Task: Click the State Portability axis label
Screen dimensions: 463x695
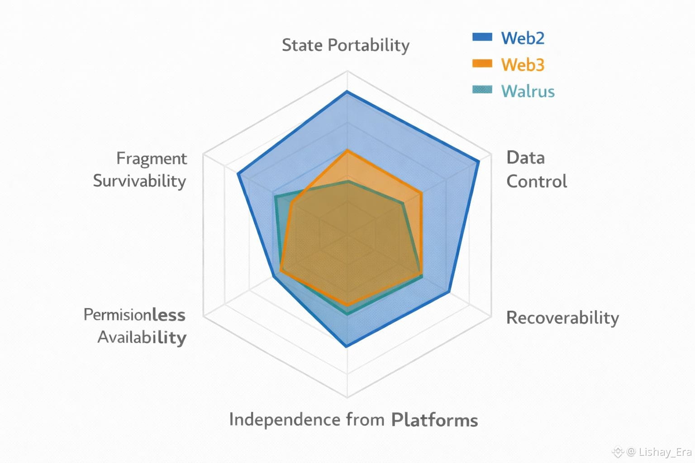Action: pos(346,45)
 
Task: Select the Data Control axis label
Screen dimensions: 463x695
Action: pos(536,170)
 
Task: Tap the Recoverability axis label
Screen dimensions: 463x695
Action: pos(562,317)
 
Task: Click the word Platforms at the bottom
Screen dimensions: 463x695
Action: pos(434,420)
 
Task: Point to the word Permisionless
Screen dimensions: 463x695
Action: pos(134,315)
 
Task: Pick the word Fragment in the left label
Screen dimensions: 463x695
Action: pos(152,159)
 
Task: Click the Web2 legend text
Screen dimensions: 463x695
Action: pos(523,38)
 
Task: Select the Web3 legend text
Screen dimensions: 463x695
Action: pos(523,65)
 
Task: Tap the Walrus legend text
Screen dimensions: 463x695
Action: pos(528,91)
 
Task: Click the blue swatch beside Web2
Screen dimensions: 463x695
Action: pos(482,37)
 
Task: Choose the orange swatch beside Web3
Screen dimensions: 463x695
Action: pos(482,63)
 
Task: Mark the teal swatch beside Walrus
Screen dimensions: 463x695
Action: pos(482,90)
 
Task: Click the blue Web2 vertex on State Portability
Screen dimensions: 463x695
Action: pos(347,92)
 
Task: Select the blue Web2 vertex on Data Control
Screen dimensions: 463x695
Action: pos(478,161)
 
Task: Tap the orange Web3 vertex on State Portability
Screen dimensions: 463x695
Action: pos(347,150)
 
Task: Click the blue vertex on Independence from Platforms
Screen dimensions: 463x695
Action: pos(347,346)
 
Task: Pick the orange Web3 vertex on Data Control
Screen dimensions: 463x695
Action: pos(422,193)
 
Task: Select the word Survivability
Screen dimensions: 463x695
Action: pos(139,181)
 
